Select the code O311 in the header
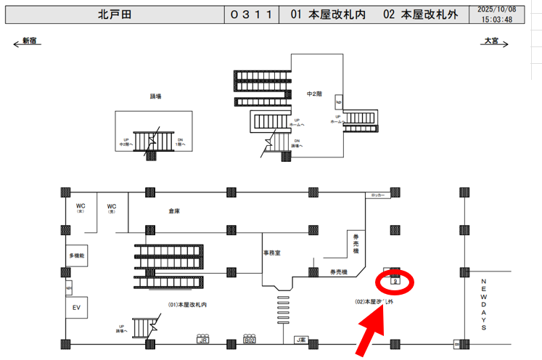click(x=251, y=15)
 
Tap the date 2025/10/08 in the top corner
click(x=498, y=9)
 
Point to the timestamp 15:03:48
click(x=498, y=20)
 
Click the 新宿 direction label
click(x=29, y=41)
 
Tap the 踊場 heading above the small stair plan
click(x=155, y=96)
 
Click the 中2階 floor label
click(x=314, y=94)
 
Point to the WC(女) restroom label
click(x=81, y=208)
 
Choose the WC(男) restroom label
click(x=112, y=208)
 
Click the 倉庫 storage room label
click(x=173, y=211)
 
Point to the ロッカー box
click(x=377, y=195)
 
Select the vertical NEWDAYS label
click(x=484, y=303)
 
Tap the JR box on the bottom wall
click(x=204, y=339)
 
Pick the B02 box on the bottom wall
click(x=250, y=339)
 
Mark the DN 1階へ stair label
click(x=180, y=142)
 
